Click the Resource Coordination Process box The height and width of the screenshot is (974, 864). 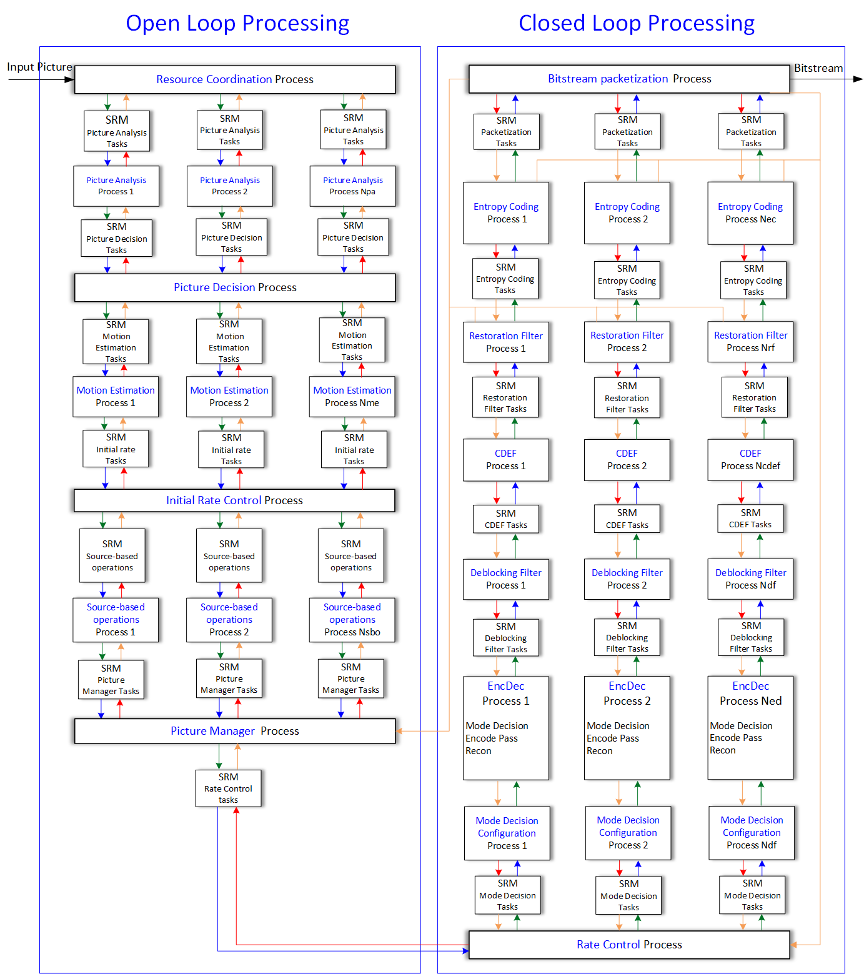tap(235, 80)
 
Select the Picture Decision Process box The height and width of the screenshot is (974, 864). tap(235, 287)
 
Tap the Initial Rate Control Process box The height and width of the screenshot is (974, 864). tap(234, 500)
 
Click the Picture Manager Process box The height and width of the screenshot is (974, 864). tap(235, 731)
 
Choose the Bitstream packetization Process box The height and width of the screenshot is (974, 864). tap(629, 79)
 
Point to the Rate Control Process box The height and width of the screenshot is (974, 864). tap(629, 945)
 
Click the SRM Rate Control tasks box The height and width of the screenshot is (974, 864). tap(228, 788)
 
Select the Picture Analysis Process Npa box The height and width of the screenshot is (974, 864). tap(352, 186)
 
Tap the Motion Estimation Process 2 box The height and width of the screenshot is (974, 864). tap(229, 396)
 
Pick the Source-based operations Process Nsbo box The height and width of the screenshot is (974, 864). tap(352, 620)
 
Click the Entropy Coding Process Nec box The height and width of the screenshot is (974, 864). tap(750, 213)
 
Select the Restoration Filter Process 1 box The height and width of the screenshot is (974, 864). tap(506, 342)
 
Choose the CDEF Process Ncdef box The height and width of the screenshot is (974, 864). tap(750, 460)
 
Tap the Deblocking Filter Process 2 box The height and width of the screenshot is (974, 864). tap(627, 579)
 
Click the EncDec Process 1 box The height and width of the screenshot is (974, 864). tap(506, 728)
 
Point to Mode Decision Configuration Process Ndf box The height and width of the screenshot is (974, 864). tap(752, 833)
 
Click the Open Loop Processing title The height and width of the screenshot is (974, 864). tap(237, 23)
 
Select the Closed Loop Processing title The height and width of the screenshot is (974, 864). tap(637, 23)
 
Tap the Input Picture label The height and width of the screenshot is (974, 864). tap(39, 67)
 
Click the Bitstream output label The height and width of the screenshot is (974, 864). tap(818, 68)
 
